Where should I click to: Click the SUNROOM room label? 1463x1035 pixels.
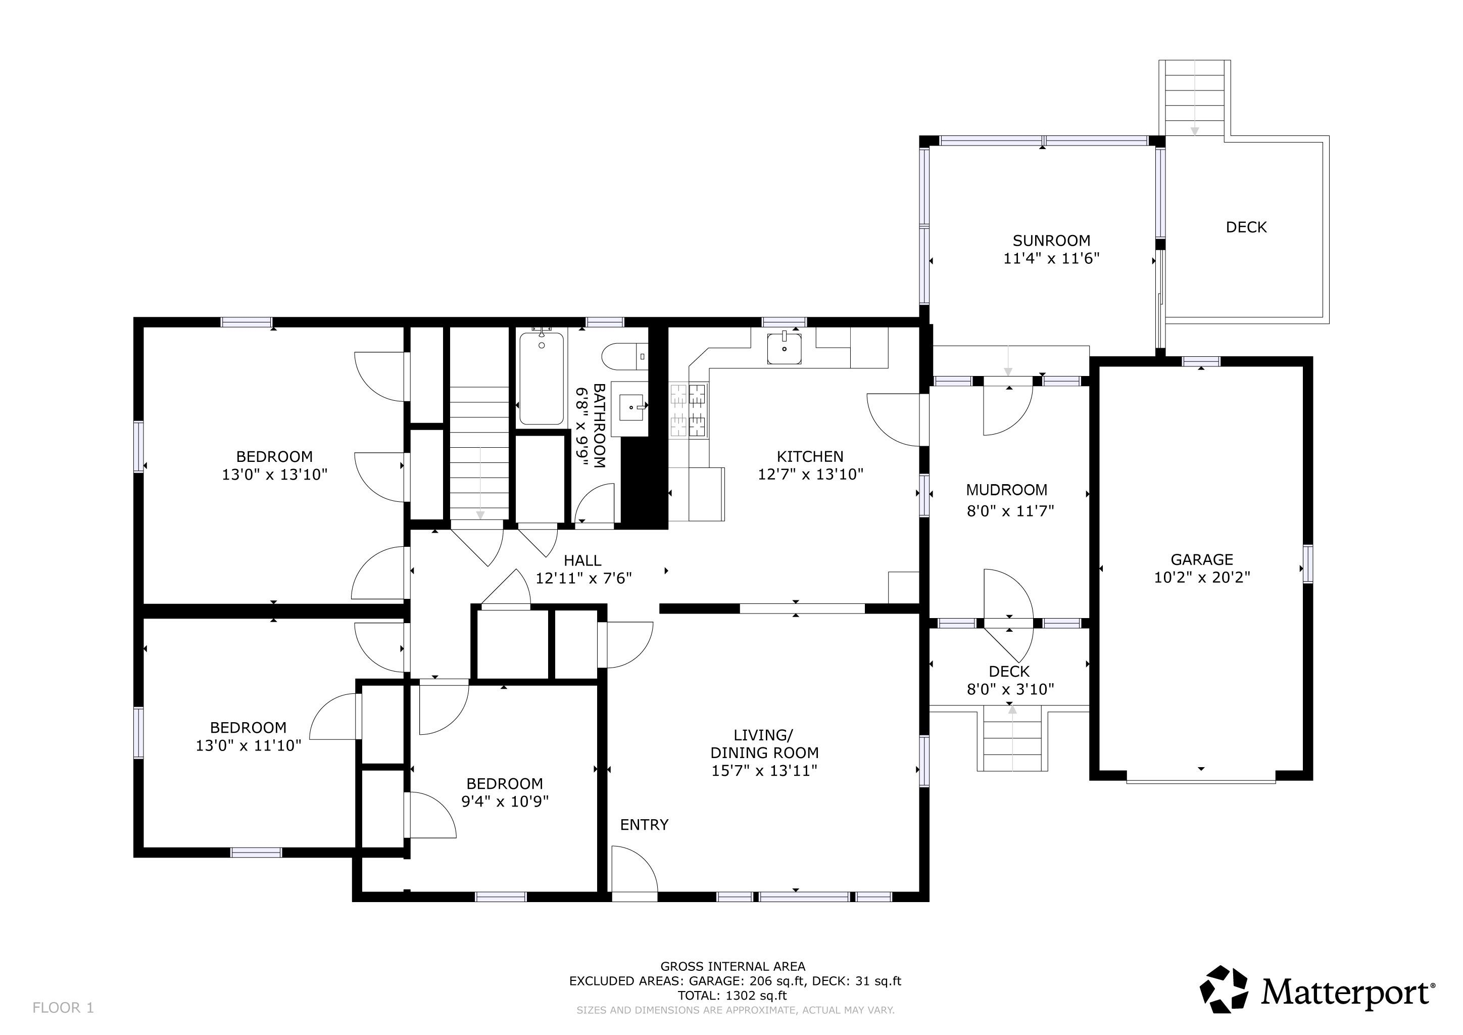[1051, 240]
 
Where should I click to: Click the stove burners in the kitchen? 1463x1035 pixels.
[688, 410]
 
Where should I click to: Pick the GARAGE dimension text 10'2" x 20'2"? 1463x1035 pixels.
[1202, 578]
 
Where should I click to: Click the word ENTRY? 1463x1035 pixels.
[644, 825]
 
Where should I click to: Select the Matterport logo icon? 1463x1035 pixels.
[1224, 989]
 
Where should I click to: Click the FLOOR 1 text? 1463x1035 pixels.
[63, 1008]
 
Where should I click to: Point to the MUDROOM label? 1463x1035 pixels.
[1006, 490]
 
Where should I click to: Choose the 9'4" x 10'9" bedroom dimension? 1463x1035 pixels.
[505, 802]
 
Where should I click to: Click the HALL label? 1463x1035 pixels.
[582, 560]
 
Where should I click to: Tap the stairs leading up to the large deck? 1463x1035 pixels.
[1194, 99]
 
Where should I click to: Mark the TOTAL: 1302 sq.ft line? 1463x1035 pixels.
[731, 996]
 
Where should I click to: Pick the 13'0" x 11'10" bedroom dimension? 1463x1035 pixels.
[248, 745]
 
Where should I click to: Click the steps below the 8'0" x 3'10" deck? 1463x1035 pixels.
[1012, 739]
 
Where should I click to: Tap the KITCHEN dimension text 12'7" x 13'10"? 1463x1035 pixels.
[810, 474]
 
